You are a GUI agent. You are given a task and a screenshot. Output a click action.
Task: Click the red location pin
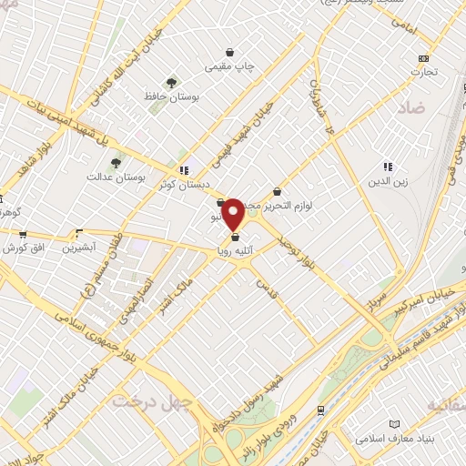tap(234, 213)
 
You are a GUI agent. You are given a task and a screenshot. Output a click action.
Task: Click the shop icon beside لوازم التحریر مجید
tap(276, 192)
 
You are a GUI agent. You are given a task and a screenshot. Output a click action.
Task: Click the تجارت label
tap(422, 71)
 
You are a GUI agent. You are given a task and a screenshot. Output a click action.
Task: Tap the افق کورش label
tap(22, 247)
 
